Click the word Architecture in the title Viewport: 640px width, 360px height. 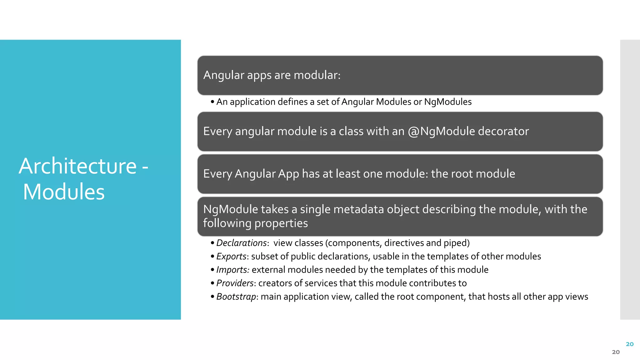point(77,166)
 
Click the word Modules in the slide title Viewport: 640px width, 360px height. point(64,192)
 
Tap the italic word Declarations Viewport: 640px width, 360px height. point(241,243)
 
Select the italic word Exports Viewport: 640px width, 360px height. point(231,256)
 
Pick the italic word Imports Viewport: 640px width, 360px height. point(232,270)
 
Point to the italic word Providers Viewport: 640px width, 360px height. point(235,283)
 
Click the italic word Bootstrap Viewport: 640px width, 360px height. point(236,297)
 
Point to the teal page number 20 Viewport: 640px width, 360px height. point(629,344)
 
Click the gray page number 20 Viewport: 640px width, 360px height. point(616,352)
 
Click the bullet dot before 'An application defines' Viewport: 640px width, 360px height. point(212,102)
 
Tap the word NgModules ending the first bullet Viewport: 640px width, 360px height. point(447,102)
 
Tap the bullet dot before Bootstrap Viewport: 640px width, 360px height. point(212,297)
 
